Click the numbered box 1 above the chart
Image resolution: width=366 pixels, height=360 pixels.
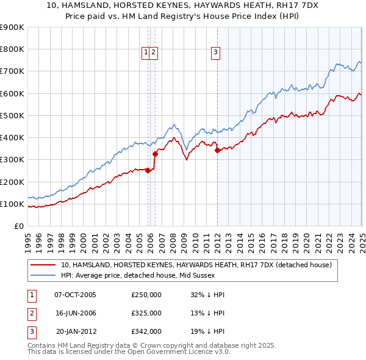coord(146,53)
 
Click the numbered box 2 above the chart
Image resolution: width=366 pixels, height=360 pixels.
coord(154,53)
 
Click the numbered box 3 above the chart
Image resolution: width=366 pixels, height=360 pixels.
coord(216,53)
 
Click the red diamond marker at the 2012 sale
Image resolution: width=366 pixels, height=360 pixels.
coord(218,151)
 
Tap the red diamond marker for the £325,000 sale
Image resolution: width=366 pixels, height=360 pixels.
coord(155,154)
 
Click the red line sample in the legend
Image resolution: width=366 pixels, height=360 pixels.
coord(43,265)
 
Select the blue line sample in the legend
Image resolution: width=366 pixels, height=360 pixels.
coord(43,275)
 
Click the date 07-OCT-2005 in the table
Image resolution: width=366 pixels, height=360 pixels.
coord(76,295)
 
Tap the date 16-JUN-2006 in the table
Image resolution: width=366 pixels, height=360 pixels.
coord(76,313)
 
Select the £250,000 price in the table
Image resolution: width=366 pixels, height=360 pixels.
coord(146,295)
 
